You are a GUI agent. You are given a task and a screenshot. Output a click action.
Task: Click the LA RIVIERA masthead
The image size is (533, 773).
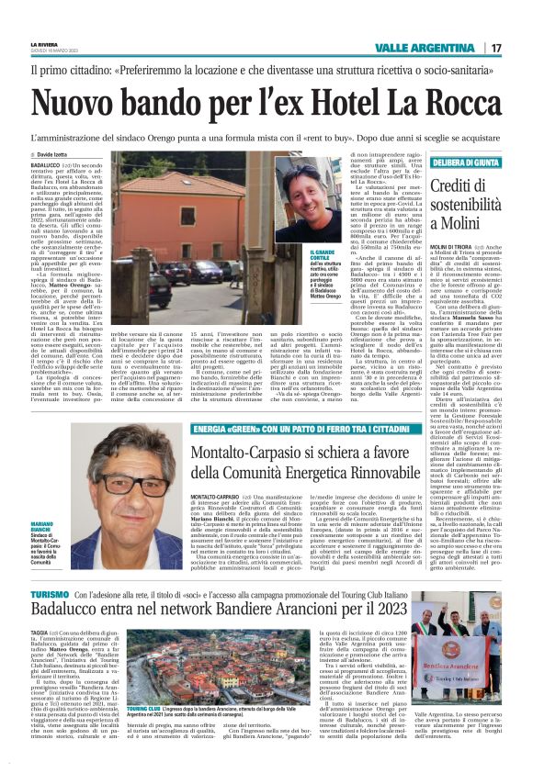[45, 43]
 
